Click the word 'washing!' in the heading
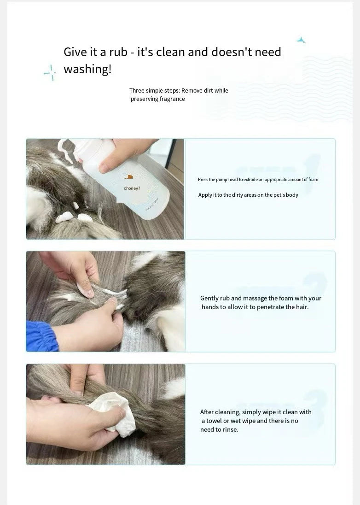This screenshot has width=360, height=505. click(x=87, y=70)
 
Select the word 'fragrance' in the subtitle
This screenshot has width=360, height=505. click(x=172, y=99)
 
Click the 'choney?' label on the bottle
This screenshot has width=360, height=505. click(x=132, y=188)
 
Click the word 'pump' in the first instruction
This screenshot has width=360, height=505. click(x=222, y=180)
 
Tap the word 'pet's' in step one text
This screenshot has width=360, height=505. click(x=278, y=195)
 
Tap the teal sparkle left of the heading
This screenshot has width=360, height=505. click(x=50, y=72)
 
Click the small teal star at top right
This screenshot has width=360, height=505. click(x=301, y=40)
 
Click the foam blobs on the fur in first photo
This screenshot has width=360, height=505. click(x=74, y=216)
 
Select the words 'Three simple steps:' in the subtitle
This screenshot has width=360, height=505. click(x=154, y=91)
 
